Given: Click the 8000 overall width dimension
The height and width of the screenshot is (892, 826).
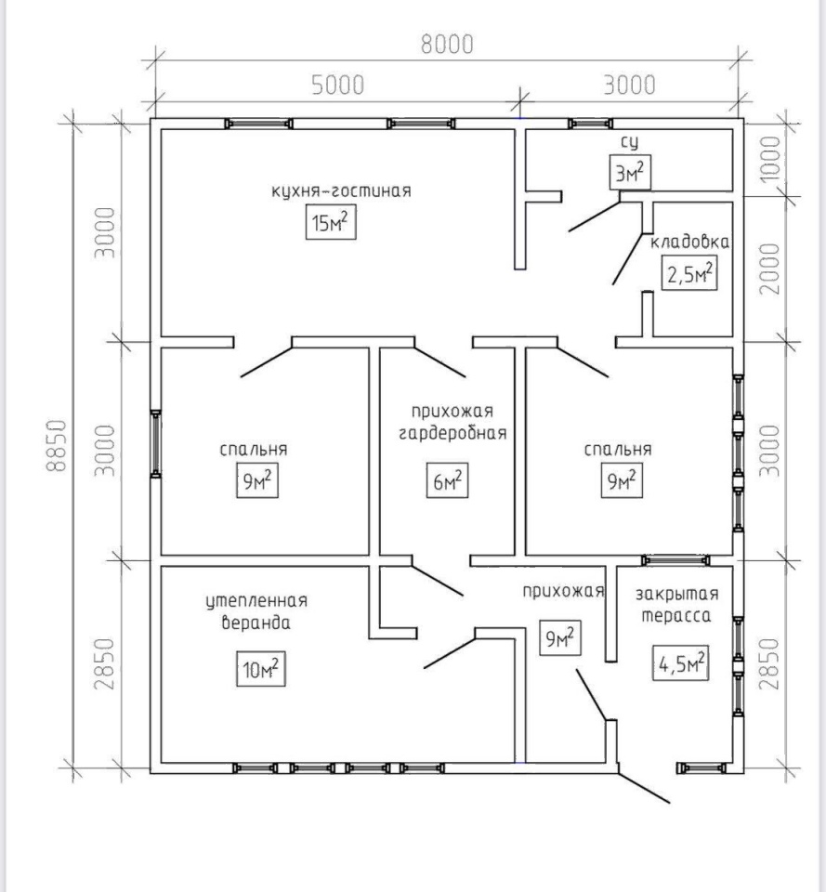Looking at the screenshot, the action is pyautogui.click(x=447, y=45).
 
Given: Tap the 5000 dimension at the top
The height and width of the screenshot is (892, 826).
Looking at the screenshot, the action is pyautogui.click(x=338, y=85).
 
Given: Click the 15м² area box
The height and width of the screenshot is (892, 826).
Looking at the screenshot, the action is pyautogui.click(x=331, y=222).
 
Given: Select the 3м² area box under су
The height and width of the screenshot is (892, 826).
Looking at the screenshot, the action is pyautogui.click(x=630, y=172).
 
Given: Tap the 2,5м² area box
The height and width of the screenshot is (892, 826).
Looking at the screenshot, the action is pyautogui.click(x=689, y=273).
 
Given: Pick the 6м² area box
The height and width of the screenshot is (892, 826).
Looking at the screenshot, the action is pyautogui.click(x=447, y=480).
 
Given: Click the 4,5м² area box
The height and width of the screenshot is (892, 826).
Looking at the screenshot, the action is pyautogui.click(x=680, y=662).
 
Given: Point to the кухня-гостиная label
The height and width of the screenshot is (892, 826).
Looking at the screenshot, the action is pyautogui.click(x=341, y=190).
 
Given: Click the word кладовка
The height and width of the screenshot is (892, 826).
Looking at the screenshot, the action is pyautogui.click(x=690, y=242).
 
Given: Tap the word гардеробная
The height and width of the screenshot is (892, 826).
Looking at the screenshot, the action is pyautogui.click(x=452, y=434).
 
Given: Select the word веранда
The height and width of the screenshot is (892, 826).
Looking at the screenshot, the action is pyautogui.click(x=256, y=623).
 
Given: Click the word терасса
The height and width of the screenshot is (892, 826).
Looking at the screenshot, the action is pyautogui.click(x=676, y=615).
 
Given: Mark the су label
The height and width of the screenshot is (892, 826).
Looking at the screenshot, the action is pyautogui.click(x=629, y=142).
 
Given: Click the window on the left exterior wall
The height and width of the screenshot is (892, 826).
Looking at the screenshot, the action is pyautogui.click(x=155, y=443).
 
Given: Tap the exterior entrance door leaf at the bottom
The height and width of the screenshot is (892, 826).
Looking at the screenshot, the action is pyautogui.click(x=643, y=787).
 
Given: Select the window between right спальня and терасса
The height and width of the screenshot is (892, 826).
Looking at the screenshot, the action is pyautogui.click(x=675, y=560).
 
